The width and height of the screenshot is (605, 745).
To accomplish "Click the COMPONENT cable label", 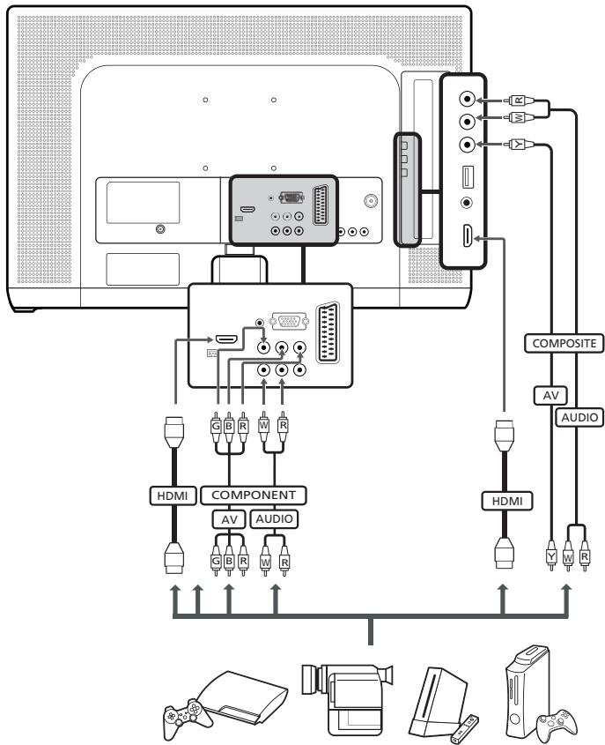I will (254, 494).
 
